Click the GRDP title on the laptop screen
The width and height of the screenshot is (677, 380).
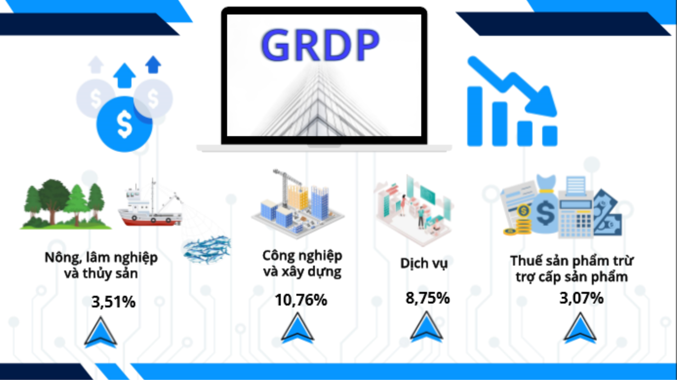click(x=321, y=45)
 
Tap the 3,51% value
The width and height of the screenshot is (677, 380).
click(x=113, y=302)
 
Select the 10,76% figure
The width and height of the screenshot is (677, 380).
click(x=300, y=300)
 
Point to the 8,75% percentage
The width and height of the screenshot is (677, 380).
click(x=427, y=298)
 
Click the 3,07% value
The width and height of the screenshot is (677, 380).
click(x=581, y=298)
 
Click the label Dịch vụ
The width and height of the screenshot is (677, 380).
click(x=424, y=263)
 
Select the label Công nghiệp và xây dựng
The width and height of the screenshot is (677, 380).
click(x=302, y=264)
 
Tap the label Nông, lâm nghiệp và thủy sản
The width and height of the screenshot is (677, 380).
click(x=100, y=266)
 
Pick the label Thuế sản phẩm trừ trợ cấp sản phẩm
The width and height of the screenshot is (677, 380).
click(x=572, y=268)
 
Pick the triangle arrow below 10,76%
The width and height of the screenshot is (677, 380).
click(x=297, y=328)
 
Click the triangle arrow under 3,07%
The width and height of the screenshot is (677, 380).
click(x=580, y=328)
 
